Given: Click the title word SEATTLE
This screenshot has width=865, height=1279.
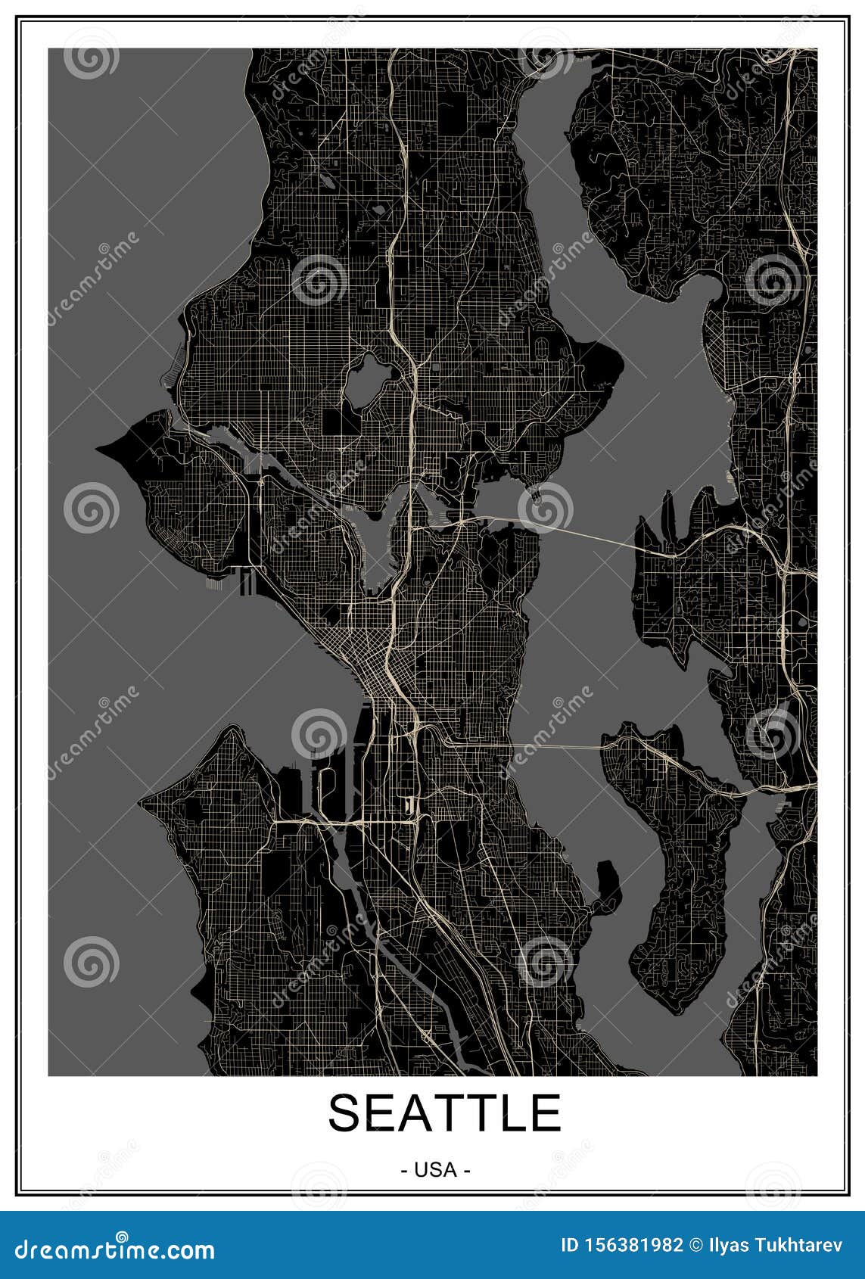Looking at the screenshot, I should pyautogui.click(x=444, y=1113).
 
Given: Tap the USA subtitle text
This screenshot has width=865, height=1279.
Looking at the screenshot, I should pyautogui.click(x=435, y=1170).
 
